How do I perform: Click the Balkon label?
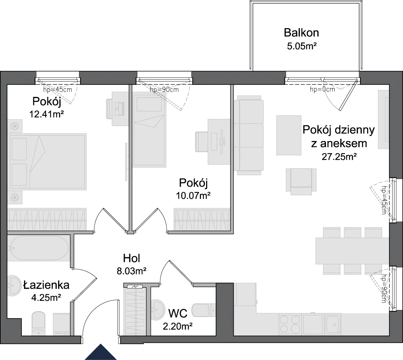[301, 33]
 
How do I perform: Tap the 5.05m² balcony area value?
[302, 46]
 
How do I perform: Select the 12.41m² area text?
[46, 114]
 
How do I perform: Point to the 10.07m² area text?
[193, 195]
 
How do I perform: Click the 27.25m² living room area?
[339, 157]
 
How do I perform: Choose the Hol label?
[132, 258]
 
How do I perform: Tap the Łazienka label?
[46, 285]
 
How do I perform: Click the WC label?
[178, 313]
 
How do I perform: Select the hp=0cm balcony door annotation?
[322, 90]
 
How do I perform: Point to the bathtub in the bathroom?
[39, 248]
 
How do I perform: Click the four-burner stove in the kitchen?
[290, 324]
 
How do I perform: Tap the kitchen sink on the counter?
[333, 324]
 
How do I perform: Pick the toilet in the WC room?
[204, 310]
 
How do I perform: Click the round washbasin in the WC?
[158, 310]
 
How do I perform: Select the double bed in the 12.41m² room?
[47, 162]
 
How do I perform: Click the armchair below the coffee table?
[301, 182]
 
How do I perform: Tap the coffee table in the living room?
[289, 135]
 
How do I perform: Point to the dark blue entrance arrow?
[101, 353]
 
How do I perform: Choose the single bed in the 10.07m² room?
[149, 131]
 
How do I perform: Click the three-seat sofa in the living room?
[249, 135]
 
